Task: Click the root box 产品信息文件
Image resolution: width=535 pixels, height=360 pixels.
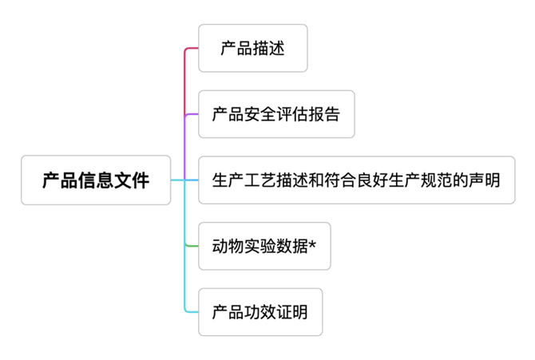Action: pos(96,180)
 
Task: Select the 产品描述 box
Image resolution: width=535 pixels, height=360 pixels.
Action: pos(252,49)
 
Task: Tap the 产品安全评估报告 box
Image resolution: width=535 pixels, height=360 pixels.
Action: pos(275,114)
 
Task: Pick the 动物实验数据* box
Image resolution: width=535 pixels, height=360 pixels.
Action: pos(264,246)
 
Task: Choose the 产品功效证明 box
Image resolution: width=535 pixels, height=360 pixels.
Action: pos(260,312)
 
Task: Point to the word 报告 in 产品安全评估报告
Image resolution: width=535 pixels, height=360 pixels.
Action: pos(324,114)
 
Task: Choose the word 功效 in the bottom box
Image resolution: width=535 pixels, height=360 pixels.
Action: pos(260,312)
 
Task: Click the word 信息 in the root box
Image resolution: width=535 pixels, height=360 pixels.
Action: pos(96,180)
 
